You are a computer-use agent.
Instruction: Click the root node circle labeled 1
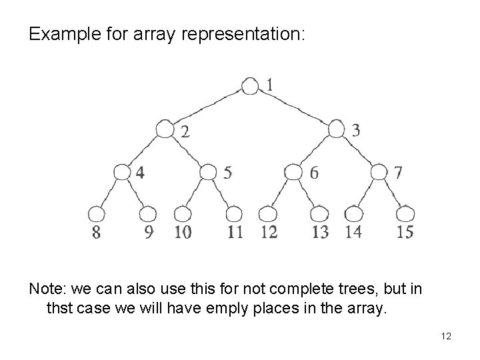(x=250, y=86)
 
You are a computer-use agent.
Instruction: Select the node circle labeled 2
(x=165, y=129)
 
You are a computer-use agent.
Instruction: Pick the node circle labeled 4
(x=122, y=171)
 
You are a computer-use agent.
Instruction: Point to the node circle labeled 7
(x=379, y=171)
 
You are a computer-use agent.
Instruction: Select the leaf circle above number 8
(x=97, y=214)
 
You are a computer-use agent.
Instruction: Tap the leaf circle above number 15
(x=405, y=214)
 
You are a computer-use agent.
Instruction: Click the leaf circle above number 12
(x=268, y=214)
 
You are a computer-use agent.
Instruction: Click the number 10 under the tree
(x=183, y=232)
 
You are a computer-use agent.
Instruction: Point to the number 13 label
(x=320, y=232)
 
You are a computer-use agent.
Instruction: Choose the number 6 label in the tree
(x=314, y=173)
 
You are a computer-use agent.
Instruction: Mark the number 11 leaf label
(x=235, y=232)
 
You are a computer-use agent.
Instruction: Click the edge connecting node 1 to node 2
(x=207, y=107)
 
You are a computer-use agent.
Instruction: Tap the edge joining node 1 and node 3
(x=293, y=107)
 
